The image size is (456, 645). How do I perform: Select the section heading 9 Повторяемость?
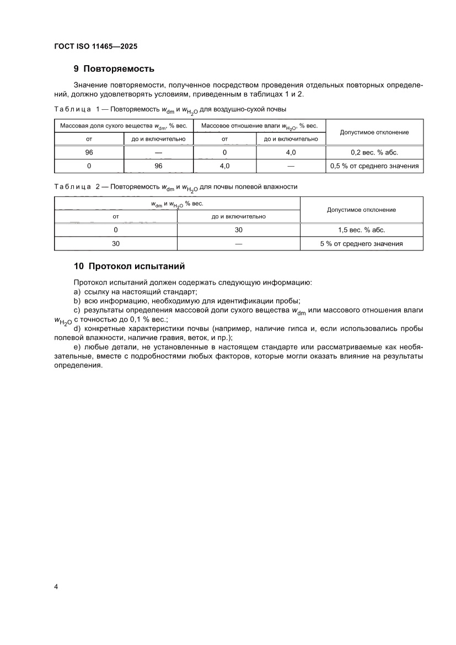114,69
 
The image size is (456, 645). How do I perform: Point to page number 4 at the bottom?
56,586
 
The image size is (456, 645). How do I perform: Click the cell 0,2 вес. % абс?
374,152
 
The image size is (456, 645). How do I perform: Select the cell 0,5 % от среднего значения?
374,166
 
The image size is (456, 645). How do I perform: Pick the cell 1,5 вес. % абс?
361,230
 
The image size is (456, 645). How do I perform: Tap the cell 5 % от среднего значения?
361,243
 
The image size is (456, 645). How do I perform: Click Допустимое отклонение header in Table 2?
361,210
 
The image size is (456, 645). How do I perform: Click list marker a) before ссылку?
77,291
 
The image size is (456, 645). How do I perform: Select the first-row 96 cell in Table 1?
89,152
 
